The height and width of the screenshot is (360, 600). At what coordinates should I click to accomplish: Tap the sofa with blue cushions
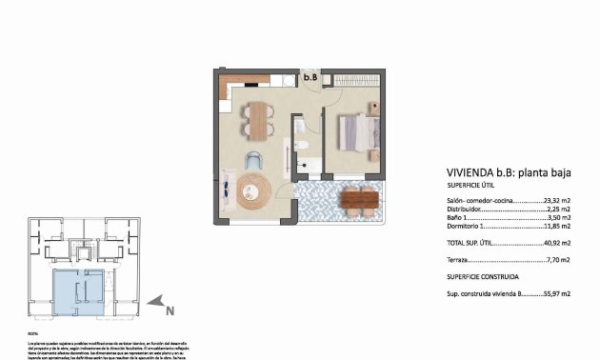(230, 190)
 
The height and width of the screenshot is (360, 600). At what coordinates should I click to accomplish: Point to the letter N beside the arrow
(169, 310)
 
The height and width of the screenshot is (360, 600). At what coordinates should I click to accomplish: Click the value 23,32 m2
(556, 202)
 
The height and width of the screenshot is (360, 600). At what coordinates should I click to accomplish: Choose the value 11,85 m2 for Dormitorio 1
(557, 228)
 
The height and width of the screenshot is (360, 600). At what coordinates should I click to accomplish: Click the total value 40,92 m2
(556, 244)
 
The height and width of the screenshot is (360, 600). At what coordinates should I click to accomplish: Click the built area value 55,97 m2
(556, 294)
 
